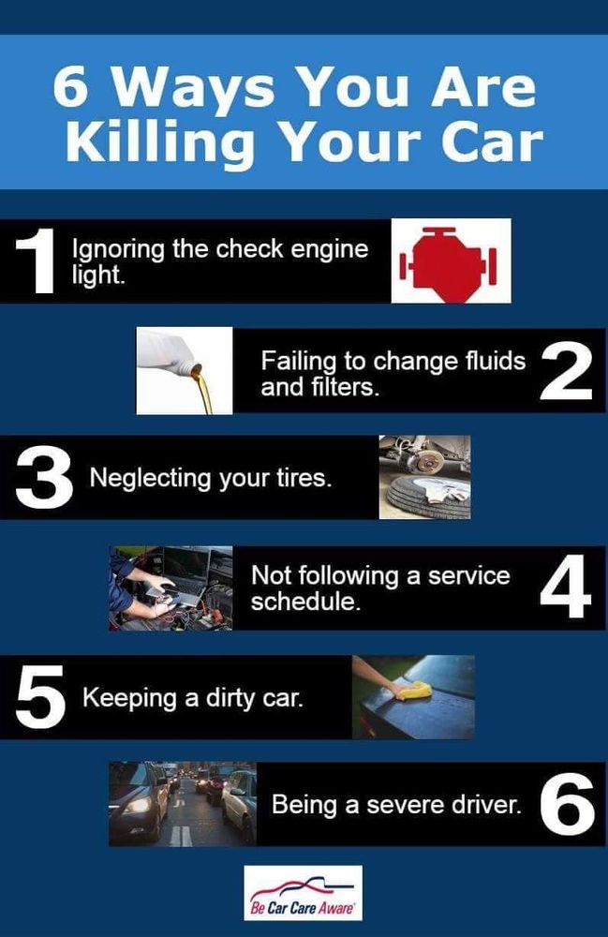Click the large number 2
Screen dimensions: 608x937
tap(566, 372)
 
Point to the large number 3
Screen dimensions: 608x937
tap(44, 479)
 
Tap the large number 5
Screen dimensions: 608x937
tap(40, 698)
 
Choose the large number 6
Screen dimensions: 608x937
tap(568, 804)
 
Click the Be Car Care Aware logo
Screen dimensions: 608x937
tap(304, 893)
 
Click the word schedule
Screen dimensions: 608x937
tap(305, 602)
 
